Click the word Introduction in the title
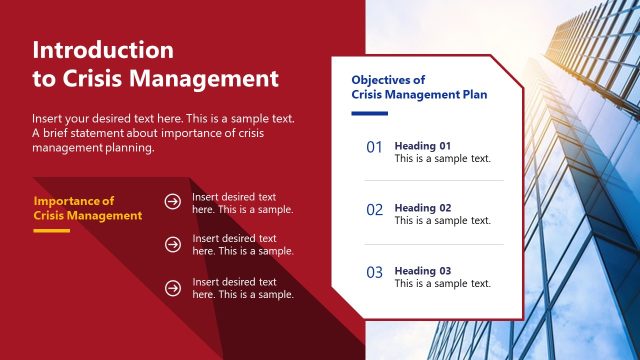coord(103,50)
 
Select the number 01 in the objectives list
coord(375,147)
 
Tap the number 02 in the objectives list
coord(375,210)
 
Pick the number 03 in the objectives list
coord(375,272)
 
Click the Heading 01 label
coord(423,145)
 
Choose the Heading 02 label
coord(423,208)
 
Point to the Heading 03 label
coord(423,271)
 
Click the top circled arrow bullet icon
coord(173,202)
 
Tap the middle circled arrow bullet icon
coord(173,244)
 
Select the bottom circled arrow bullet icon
coord(173,288)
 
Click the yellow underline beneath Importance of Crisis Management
coord(51,230)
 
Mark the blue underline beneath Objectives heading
coord(369,113)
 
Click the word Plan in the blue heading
coord(474,95)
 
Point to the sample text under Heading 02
coord(442,221)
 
